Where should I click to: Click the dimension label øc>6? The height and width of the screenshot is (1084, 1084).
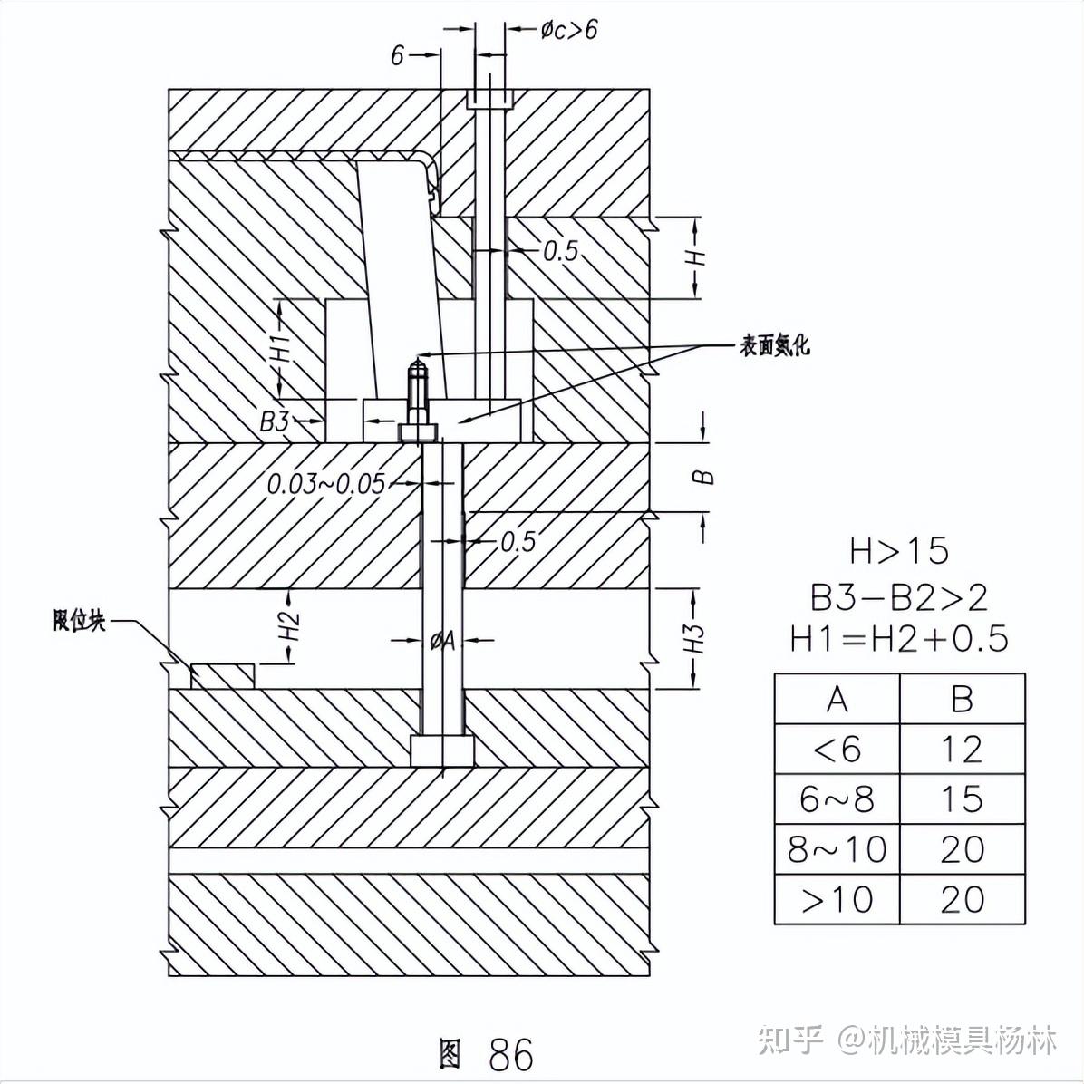(x=569, y=30)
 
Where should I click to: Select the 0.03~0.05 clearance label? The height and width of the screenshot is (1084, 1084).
(x=325, y=484)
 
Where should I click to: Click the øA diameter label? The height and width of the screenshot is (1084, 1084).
(x=442, y=640)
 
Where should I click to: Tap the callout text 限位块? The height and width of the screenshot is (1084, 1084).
(x=80, y=621)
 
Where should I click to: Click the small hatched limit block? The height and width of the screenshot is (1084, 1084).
(x=222, y=676)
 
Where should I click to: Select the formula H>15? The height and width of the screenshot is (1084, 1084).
(x=898, y=550)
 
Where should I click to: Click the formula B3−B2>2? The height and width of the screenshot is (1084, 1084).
(x=898, y=596)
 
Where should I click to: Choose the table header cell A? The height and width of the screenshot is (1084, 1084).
(x=837, y=699)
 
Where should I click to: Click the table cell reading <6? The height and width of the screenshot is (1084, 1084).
(x=837, y=749)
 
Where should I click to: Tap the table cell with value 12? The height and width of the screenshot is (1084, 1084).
(x=962, y=749)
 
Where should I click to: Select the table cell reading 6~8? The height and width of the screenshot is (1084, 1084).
(x=837, y=798)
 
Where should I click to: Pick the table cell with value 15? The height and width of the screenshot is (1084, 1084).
(x=962, y=798)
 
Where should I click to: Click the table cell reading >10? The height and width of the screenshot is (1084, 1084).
(x=837, y=899)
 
